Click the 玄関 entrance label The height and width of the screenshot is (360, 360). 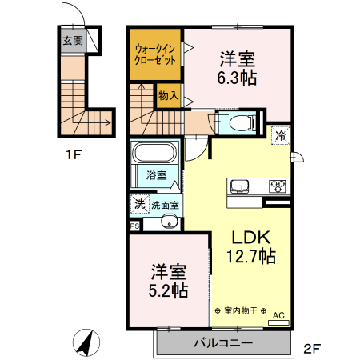coord(73,41)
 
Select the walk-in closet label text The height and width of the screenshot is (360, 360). coord(157,54)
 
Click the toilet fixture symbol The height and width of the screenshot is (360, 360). coord(241,123)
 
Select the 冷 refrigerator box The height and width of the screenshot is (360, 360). coord(281,135)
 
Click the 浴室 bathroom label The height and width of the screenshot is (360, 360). coord(156,175)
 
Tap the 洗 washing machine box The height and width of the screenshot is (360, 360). coord(139,204)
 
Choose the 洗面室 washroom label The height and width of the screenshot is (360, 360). coord(166,205)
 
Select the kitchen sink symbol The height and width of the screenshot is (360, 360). coord(239,186)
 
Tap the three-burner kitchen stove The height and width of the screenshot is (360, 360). coord(277,186)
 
